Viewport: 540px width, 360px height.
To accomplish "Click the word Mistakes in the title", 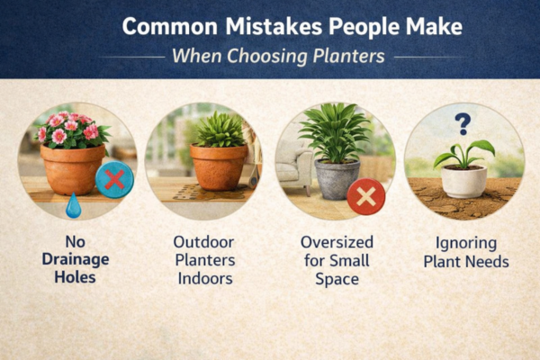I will (256, 26).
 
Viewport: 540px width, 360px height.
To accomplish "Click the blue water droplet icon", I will (73, 207).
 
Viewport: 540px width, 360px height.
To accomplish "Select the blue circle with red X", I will (114, 179).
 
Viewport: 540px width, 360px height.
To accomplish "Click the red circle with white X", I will (365, 196).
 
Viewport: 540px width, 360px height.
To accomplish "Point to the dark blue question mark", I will (463, 122).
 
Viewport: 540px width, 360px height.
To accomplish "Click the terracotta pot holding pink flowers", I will (72, 168).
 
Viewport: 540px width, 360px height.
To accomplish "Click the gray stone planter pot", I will (337, 178).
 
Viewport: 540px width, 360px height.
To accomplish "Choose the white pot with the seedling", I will (463, 181).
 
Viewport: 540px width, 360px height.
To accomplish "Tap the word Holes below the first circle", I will (76, 279).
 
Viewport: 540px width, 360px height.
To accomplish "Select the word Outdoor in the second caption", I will (204, 241).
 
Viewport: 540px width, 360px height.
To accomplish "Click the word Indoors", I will (204, 279).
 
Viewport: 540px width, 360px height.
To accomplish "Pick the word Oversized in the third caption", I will (335, 241).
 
